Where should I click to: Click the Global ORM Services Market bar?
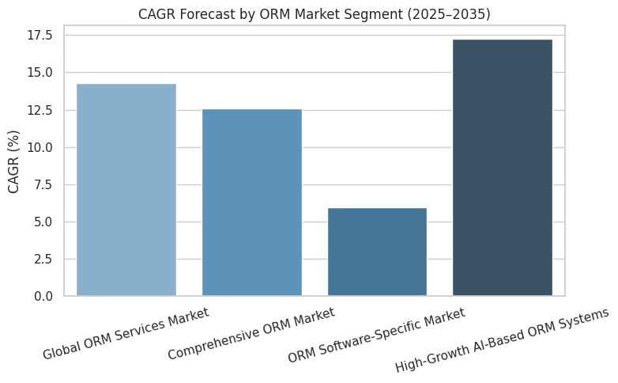pyautogui.click(x=126, y=190)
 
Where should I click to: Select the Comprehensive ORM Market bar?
pyautogui.click(x=252, y=203)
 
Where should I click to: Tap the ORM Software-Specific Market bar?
pyautogui.click(x=377, y=252)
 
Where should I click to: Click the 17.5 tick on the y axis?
pyautogui.click(x=40, y=36)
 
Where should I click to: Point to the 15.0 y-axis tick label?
pyautogui.click(x=40, y=73)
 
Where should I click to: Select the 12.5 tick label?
pyautogui.click(x=40, y=110)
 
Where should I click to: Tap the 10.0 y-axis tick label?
pyautogui.click(x=40, y=147)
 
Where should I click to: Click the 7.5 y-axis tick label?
pyautogui.click(x=43, y=184)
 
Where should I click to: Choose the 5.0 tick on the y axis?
pyautogui.click(x=43, y=222)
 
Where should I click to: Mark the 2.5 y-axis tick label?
pyautogui.click(x=43, y=259)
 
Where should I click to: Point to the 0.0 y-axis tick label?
pyautogui.click(x=43, y=296)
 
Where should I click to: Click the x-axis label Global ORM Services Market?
pyautogui.click(x=126, y=333)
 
